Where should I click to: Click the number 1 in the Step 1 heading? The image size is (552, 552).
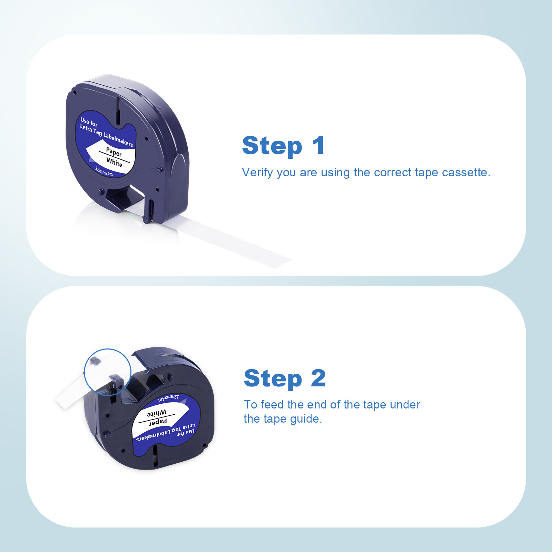pos(318,145)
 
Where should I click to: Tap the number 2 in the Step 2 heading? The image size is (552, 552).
pos(318,378)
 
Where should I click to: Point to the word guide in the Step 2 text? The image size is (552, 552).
pos(306,419)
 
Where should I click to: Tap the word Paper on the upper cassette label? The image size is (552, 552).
pos(114,152)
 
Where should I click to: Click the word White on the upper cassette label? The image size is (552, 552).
pos(114,162)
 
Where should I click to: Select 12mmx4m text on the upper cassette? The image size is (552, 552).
pos(104,171)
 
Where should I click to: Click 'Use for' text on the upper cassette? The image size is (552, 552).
pos(89,122)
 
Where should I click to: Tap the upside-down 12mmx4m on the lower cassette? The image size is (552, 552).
pos(169,398)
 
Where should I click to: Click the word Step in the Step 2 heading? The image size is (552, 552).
pos(273,379)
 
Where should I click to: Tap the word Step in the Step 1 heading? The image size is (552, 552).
pos(272,146)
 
